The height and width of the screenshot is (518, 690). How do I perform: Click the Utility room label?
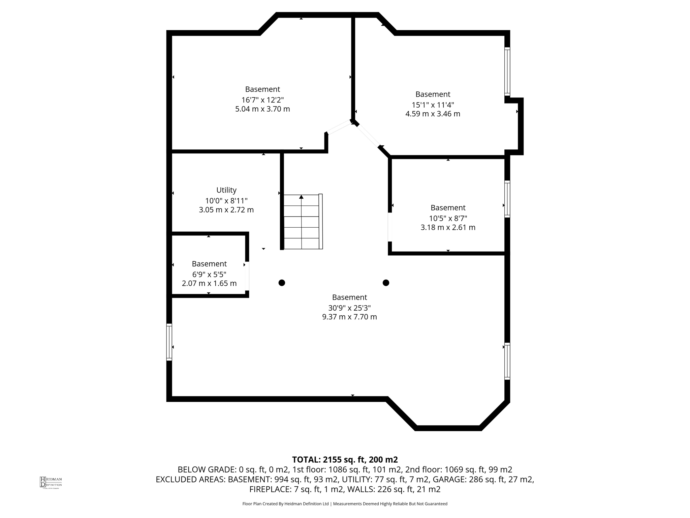pyautogui.click(x=226, y=190)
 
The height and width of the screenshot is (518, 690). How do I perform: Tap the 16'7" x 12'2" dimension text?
pyautogui.click(x=262, y=100)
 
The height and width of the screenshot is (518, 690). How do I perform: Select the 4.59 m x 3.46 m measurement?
pyautogui.click(x=433, y=114)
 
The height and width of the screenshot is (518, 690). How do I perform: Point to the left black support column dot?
pyautogui.click(x=282, y=283)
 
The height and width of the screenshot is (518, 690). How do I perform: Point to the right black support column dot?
pyautogui.click(x=386, y=283)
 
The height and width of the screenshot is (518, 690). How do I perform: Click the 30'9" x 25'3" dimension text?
pyautogui.click(x=349, y=308)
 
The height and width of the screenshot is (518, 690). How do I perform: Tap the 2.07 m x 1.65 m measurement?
pyautogui.click(x=209, y=283)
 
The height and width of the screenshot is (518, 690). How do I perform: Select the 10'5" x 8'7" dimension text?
pyautogui.click(x=448, y=218)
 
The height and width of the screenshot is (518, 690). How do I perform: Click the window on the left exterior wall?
pyautogui.click(x=169, y=342)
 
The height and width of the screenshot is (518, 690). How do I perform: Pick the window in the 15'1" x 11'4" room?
pyautogui.click(x=507, y=71)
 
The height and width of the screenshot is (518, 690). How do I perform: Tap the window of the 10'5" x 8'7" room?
pyautogui.click(x=507, y=199)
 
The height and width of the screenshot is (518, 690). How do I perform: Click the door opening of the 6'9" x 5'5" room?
pyautogui.click(x=247, y=276)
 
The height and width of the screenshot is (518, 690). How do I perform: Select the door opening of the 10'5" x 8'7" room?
pyautogui.click(x=390, y=227)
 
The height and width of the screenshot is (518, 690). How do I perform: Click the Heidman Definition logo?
pyautogui.click(x=51, y=482)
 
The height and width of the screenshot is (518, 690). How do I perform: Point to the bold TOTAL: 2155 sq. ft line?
pyautogui.click(x=345, y=460)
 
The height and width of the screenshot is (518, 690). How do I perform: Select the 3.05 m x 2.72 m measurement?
pyautogui.click(x=226, y=210)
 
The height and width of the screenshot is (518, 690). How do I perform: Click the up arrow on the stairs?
pyautogui.click(x=301, y=197)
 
